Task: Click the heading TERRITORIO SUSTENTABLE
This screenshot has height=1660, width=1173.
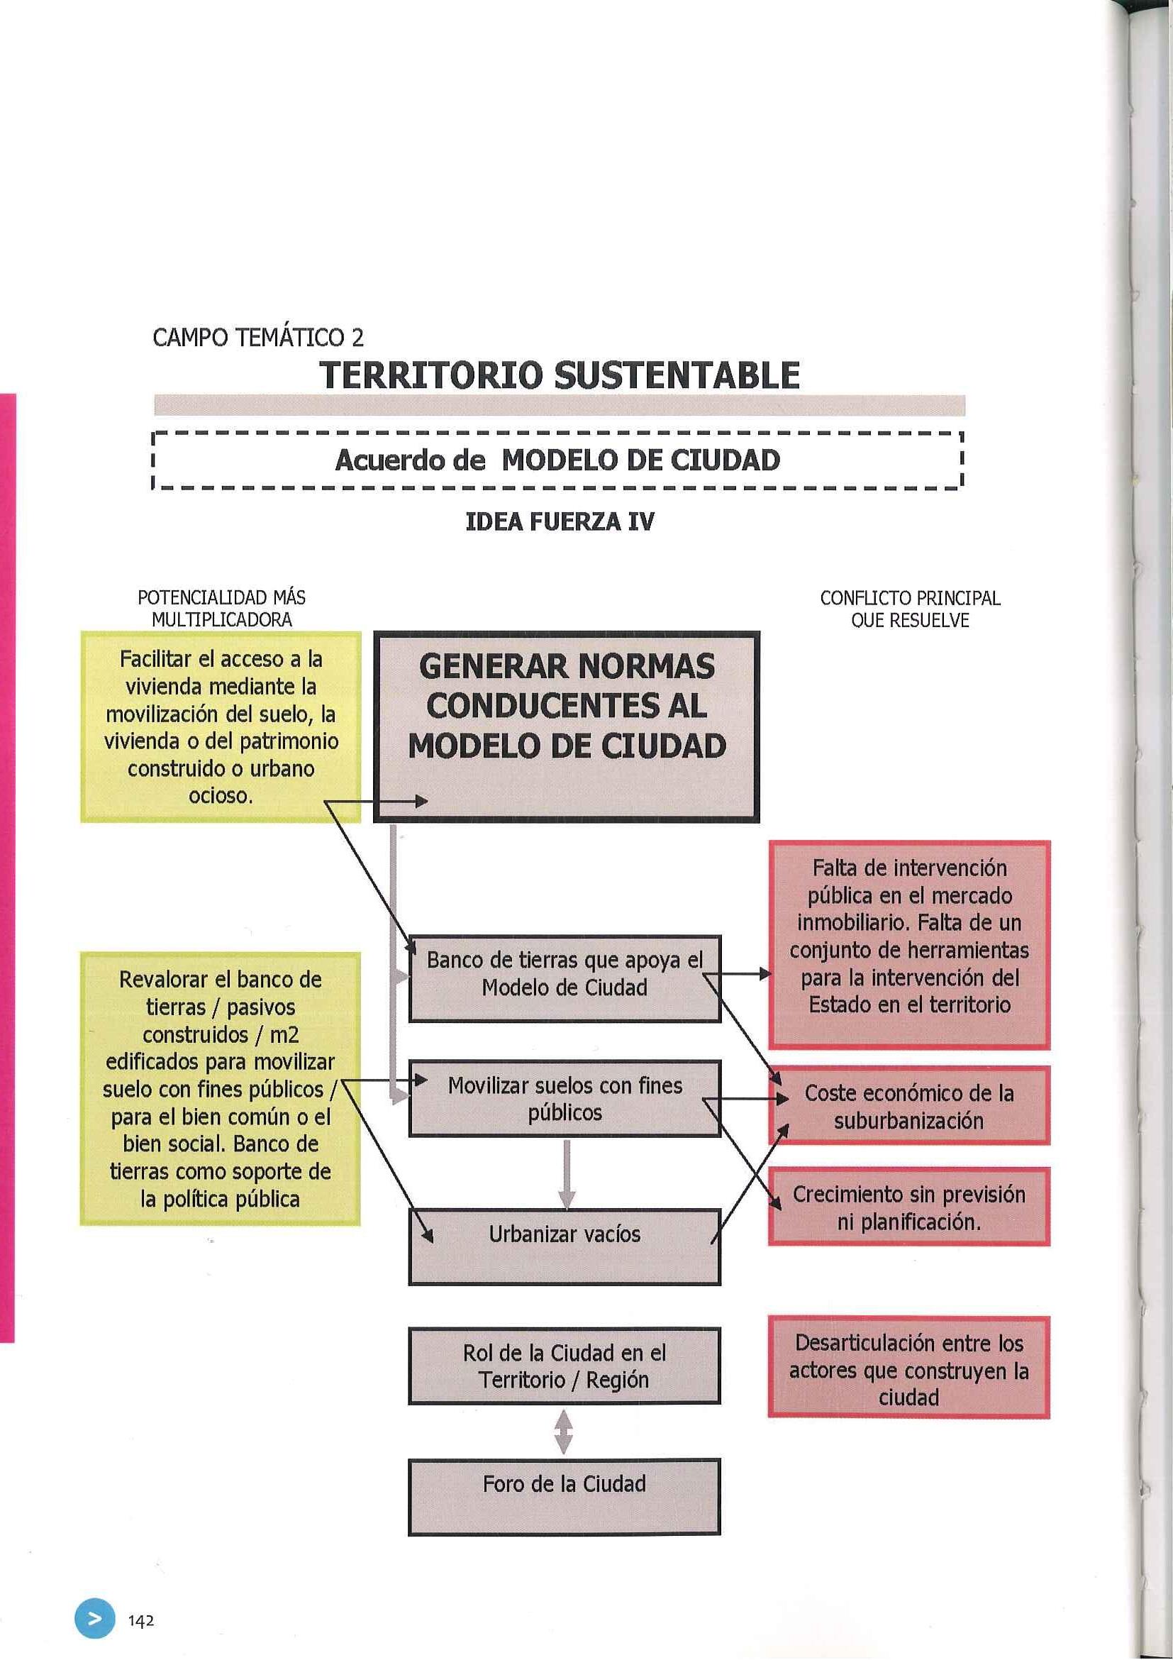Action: coord(560,375)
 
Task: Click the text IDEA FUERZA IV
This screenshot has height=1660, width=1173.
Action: coord(560,522)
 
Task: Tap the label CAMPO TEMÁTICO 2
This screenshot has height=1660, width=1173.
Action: coord(258,337)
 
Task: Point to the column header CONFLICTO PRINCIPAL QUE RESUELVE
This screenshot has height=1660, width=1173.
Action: coord(910,609)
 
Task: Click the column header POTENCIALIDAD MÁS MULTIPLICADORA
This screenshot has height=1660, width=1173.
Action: coord(221,609)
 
